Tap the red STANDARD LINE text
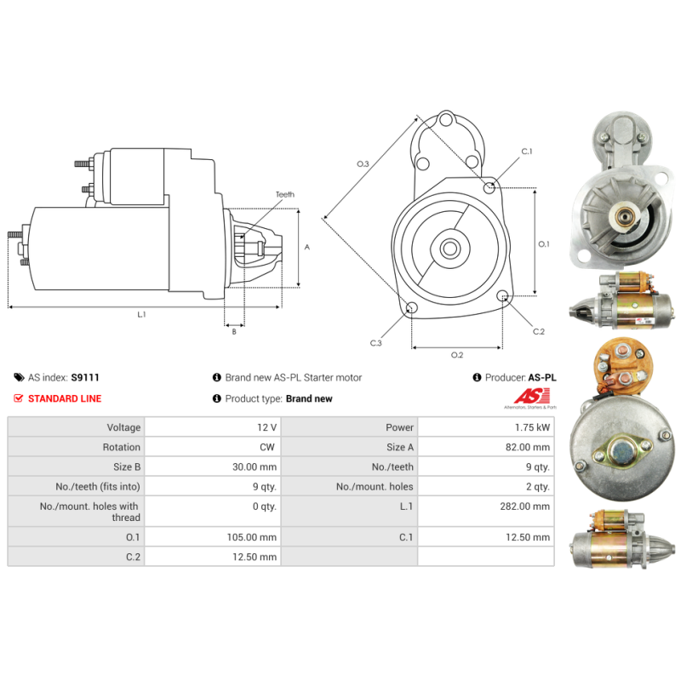(64, 398)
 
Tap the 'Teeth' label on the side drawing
(284, 194)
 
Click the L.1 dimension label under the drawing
(142, 315)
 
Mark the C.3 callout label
(375, 343)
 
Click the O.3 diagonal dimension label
(363, 163)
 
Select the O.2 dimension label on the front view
(456, 354)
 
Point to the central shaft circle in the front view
(449, 249)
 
